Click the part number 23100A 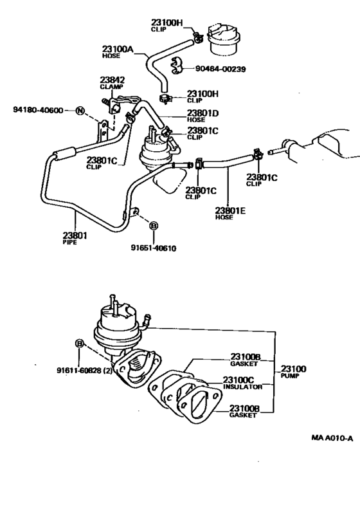pyautogui.click(x=116, y=48)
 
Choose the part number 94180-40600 pyautogui.click(x=38, y=110)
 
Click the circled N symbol pyautogui.click(x=80, y=110)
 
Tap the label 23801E pyautogui.click(x=231, y=210)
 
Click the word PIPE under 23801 pyautogui.click(x=70, y=243)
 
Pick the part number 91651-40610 pyautogui.click(x=154, y=248)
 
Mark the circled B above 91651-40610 pyautogui.click(x=154, y=226)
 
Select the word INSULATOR pyautogui.click(x=242, y=388)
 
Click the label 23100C pyautogui.click(x=240, y=380)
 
